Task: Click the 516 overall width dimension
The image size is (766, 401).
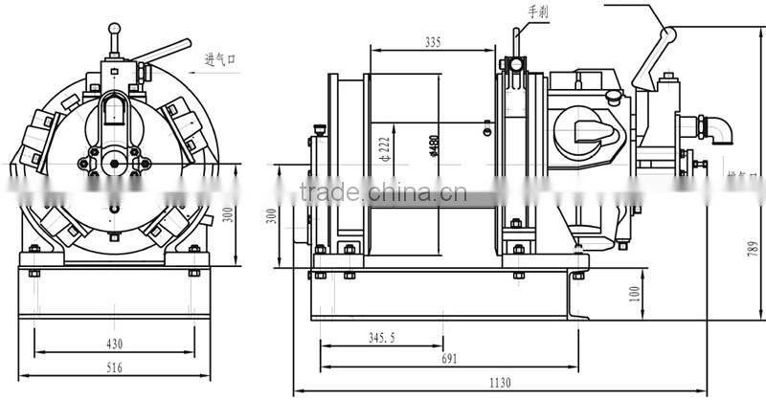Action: point(115,368)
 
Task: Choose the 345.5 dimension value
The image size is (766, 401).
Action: point(380,338)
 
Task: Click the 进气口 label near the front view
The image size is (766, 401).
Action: point(219,59)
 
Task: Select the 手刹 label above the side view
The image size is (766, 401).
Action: point(540,12)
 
